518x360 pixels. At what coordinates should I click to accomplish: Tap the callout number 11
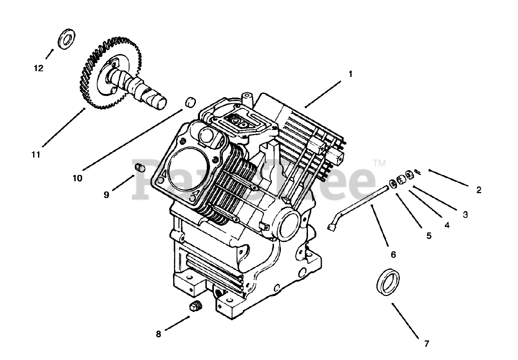tap(36, 154)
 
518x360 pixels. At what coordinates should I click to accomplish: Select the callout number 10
tap(77, 178)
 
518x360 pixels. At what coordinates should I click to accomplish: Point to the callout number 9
tap(106, 195)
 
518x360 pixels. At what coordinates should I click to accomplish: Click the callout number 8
tap(158, 334)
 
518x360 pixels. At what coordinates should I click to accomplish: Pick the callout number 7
tap(426, 344)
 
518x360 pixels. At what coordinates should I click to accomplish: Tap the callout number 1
tap(350, 74)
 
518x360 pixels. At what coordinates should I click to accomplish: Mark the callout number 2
tap(479, 190)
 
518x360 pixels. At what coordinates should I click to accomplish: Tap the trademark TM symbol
tap(379, 163)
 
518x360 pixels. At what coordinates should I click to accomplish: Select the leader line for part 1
tap(324, 94)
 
